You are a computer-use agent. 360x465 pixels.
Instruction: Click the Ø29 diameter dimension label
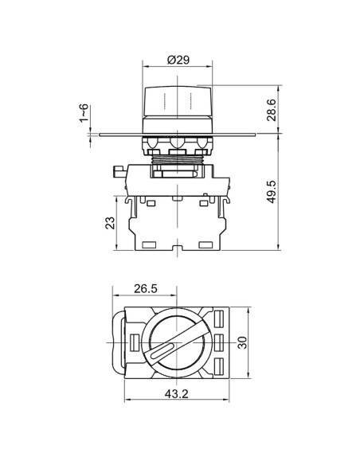pyautogui.click(x=178, y=60)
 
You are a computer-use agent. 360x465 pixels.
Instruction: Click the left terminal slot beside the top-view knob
pyautogui.click(x=133, y=342)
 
